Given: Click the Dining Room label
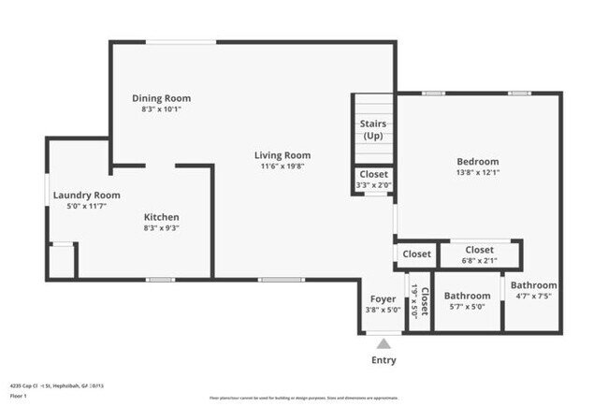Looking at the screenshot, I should (x=161, y=98).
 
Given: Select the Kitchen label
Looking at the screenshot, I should (x=161, y=216).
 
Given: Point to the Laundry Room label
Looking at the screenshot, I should (x=80, y=195).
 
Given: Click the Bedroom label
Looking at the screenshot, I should (x=477, y=161).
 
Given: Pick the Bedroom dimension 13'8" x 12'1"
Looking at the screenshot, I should (x=477, y=172).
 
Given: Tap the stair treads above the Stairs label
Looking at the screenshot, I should (x=374, y=104).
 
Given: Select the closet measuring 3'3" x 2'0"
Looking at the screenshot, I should (x=374, y=180).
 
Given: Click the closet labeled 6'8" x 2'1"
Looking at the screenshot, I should (x=479, y=254).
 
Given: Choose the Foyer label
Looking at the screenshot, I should (x=382, y=298).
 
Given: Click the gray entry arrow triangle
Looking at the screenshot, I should (x=384, y=343).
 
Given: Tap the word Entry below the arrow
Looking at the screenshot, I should (x=384, y=360).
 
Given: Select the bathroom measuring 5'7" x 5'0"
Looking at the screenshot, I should (x=467, y=301).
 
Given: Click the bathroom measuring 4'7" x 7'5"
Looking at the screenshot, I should (x=534, y=290).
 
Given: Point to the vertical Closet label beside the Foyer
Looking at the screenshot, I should (x=424, y=301).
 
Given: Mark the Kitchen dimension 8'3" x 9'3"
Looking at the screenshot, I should (x=161, y=227).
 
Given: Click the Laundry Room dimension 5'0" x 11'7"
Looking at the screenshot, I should (x=80, y=205).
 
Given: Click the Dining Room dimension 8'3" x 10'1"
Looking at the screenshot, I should (x=161, y=109).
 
